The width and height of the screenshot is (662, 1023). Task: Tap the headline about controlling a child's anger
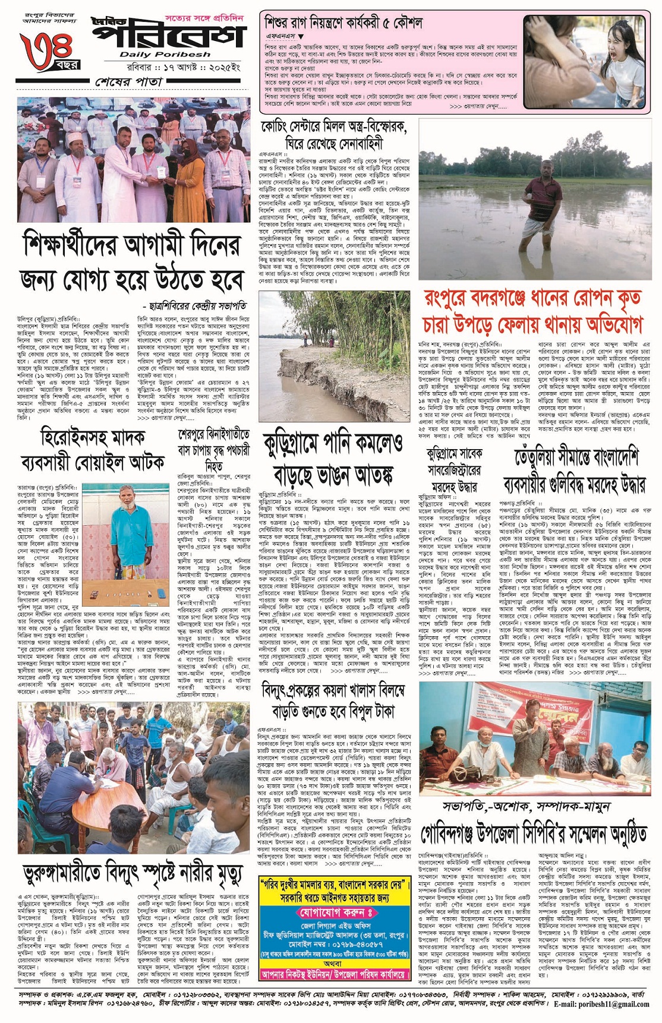point(343,24)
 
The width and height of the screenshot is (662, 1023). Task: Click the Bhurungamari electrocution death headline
point(133,874)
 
